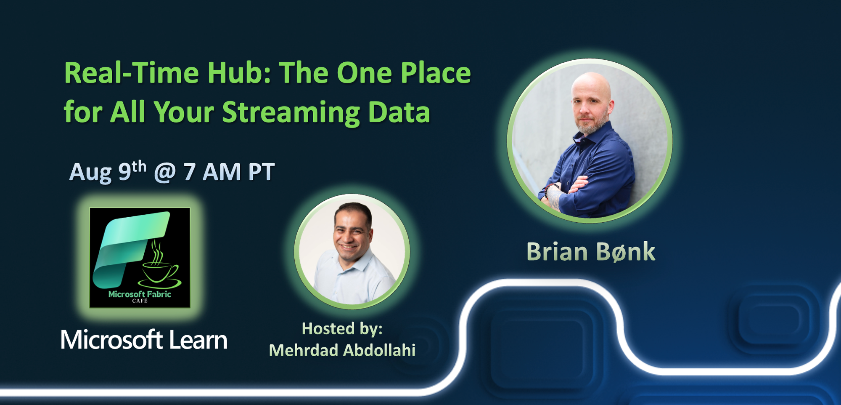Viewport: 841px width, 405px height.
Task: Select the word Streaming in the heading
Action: [291, 112]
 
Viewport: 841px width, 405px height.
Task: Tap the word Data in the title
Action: [399, 112]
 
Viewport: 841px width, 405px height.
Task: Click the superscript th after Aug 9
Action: [139, 167]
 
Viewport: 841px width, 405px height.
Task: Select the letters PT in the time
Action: [261, 172]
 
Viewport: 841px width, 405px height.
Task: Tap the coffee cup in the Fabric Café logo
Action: [160, 274]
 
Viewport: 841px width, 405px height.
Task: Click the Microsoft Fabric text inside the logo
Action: [140, 294]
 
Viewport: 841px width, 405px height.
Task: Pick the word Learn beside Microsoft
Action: [198, 340]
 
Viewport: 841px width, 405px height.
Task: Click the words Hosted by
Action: [342, 329]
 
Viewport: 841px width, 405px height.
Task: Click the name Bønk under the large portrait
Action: [626, 252]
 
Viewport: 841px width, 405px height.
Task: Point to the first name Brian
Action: [557, 252]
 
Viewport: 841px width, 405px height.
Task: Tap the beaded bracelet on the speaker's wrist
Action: [549, 190]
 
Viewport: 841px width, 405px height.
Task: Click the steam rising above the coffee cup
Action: [157, 253]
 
